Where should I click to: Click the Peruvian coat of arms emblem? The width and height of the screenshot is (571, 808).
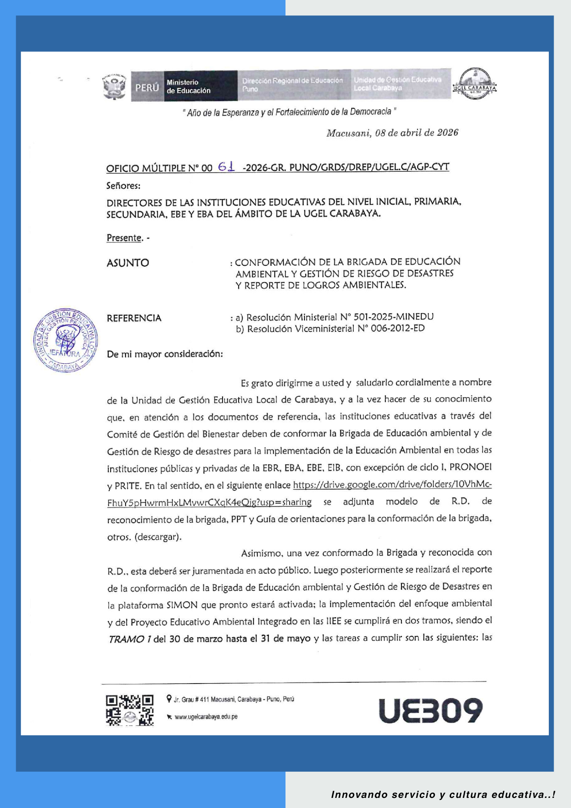[x=115, y=86]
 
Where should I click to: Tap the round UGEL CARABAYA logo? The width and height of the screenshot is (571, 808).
[x=475, y=84]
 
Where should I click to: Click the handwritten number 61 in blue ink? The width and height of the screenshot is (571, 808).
[x=227, y=166]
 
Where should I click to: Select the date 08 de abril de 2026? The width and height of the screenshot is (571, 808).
[x=416, y=133]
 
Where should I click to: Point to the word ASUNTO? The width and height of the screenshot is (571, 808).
[x=128, y=263]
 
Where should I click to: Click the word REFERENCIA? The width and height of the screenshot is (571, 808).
[x=134, y=318]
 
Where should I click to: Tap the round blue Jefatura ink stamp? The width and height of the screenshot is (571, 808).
[x=65, y=339]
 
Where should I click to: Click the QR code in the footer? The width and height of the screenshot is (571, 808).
[x=130, y=710]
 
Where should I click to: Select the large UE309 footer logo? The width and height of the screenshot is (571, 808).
[x=430, y=710]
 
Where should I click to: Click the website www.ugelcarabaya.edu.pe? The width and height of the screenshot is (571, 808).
[x=206, y=717]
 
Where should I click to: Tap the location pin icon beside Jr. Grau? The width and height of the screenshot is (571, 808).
[x=169, y=699]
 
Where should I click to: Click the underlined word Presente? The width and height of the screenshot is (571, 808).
[x=124, y=238]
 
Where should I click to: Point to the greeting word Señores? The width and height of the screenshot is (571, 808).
[x=123, y=186]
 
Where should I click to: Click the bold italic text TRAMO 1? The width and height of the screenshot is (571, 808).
[x=130, y=639]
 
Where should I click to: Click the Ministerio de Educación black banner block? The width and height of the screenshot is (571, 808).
[x=200, y=86]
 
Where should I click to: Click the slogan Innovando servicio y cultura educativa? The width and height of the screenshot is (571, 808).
[x=443, y=795]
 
